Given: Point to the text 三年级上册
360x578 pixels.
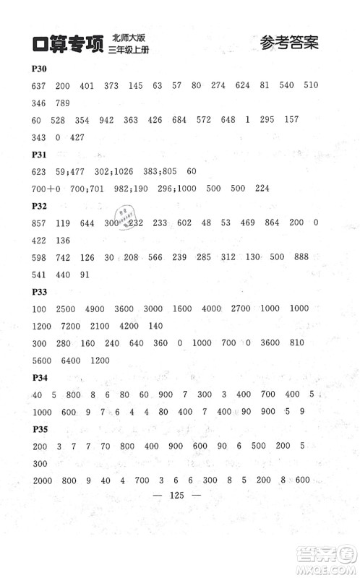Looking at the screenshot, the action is click(134, 51).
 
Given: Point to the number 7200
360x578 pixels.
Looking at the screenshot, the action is click(72, 327).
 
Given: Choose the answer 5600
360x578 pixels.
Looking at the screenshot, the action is click(43, 361).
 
